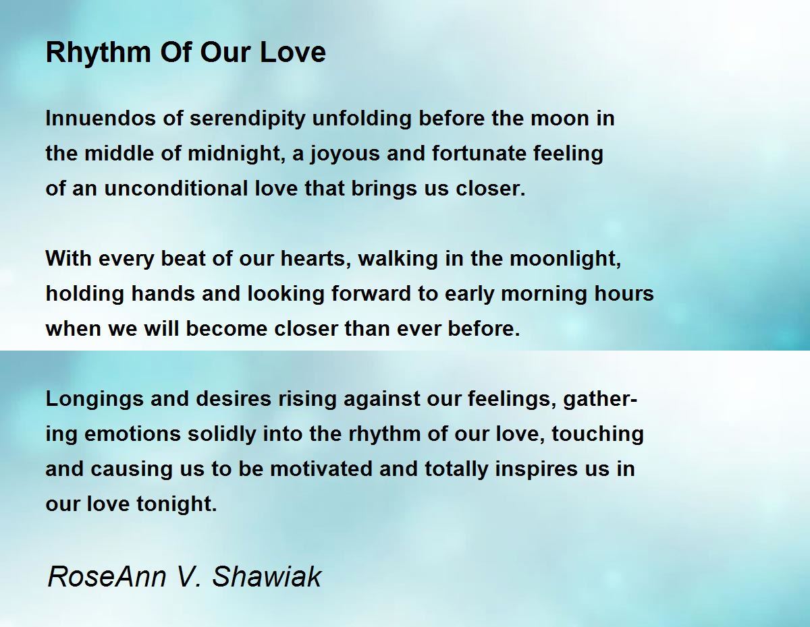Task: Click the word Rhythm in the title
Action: (98, 53)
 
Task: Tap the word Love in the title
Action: (293, 52)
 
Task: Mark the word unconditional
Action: (176, 188)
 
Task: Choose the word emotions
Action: (133, 434)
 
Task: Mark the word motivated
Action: (321, 469)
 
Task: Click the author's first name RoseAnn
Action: (107, 576)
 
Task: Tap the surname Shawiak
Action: (267, 576)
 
